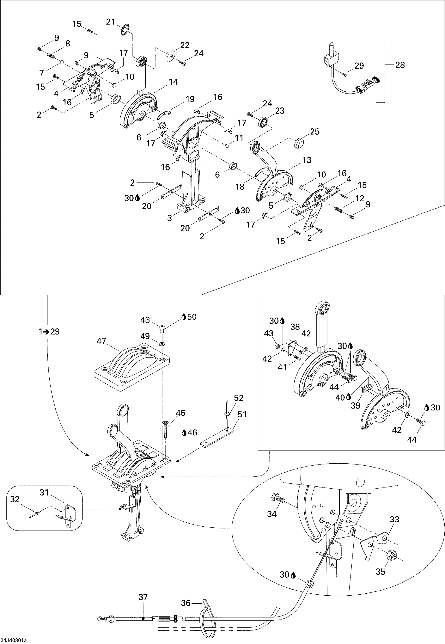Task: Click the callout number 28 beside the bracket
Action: [x=400, y=65]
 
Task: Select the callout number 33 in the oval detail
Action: [x=394, y=519]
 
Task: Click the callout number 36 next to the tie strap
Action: [x=185, y=603]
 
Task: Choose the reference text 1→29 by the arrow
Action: [x=49, y=331]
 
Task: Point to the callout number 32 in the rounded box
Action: [x=15, y=499]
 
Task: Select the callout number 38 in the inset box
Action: [x=295, y=327]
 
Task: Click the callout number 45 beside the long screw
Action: [x=180, y=413]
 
